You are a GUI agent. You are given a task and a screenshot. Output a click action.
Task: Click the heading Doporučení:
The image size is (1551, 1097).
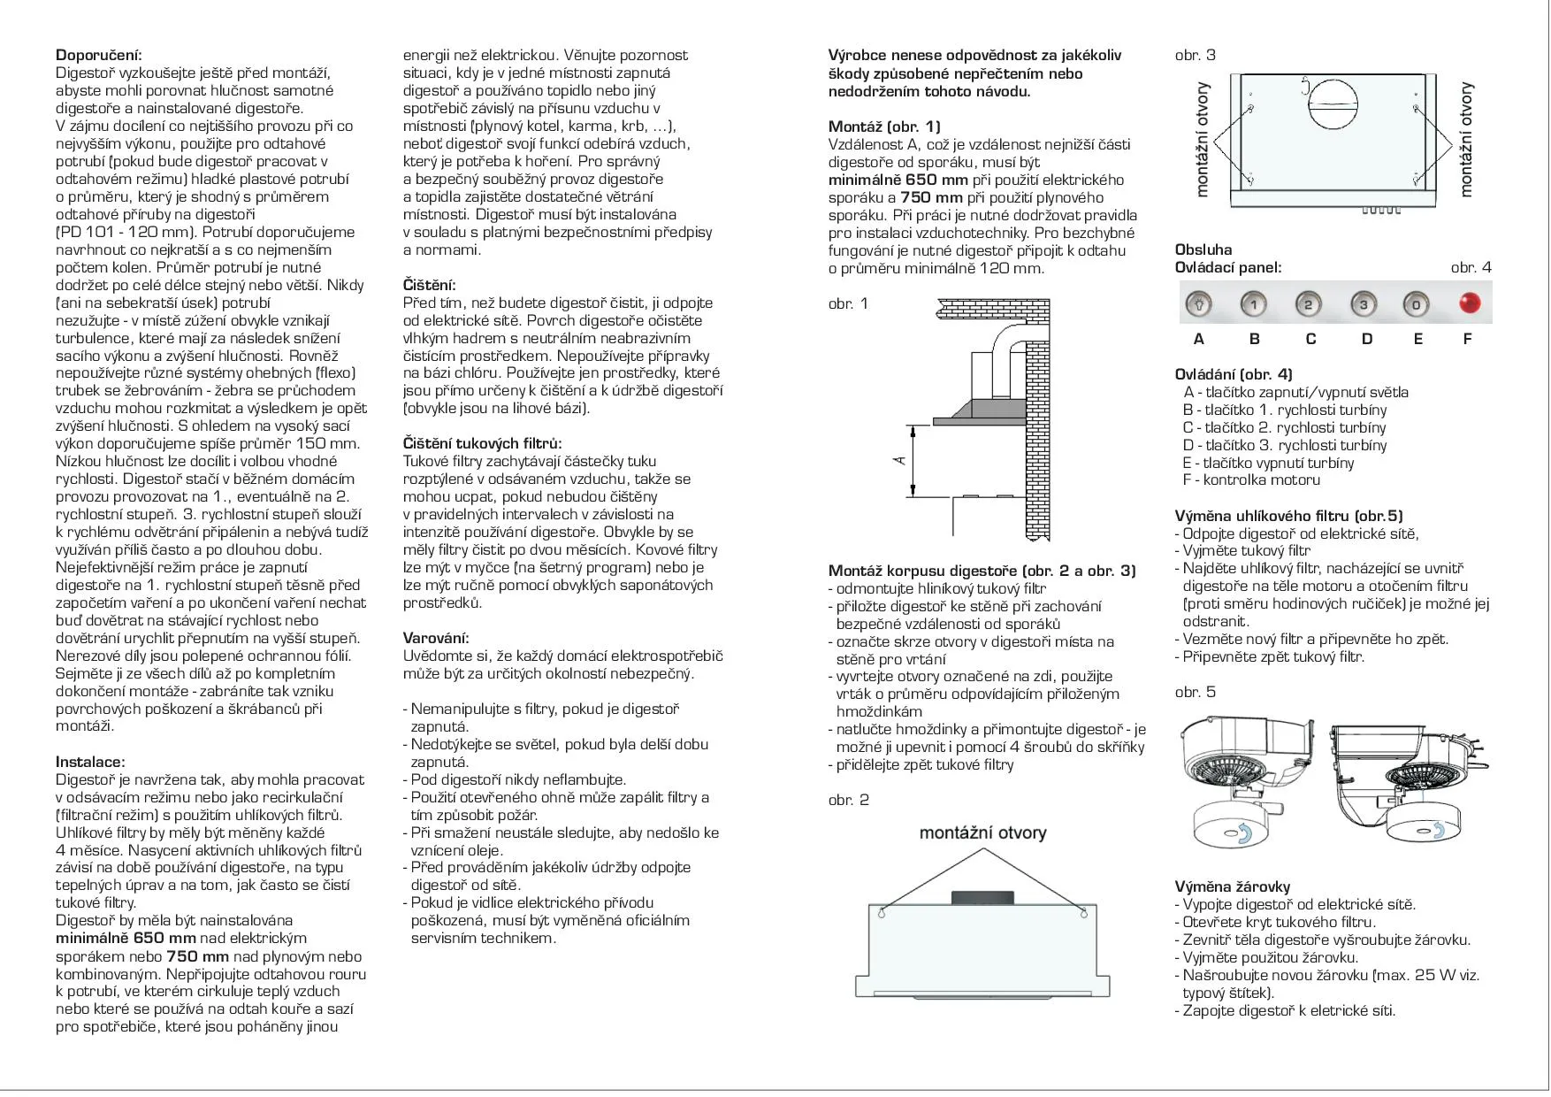(99, 55)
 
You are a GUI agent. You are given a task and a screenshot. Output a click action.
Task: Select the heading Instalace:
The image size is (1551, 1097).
(90, 762)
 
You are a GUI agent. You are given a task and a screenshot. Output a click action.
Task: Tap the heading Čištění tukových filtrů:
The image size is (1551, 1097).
(482, 443)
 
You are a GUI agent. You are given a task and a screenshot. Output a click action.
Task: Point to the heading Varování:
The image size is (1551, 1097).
(436, 638)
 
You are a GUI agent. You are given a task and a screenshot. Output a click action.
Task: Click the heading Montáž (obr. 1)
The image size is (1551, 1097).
(884, 127)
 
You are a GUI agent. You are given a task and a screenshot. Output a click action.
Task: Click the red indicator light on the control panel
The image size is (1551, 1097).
(1470, 303)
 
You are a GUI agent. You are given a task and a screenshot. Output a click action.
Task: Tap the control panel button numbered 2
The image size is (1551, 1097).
(1308, 305)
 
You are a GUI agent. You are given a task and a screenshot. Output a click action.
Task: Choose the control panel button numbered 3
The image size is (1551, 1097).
(1364, 305)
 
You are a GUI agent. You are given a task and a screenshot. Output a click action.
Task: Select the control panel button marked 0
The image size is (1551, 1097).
(1416, 305)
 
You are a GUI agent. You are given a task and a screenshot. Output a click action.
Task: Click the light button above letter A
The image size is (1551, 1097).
(1199, 305)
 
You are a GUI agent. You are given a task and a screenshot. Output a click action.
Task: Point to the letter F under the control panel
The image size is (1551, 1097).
(1468, 339)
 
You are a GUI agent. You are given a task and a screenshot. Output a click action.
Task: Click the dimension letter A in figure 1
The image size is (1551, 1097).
(901, 459)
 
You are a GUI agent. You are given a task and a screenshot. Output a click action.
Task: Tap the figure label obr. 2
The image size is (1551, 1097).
(849, 800)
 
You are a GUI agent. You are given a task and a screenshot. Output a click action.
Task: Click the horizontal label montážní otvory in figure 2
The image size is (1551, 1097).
(982, 832)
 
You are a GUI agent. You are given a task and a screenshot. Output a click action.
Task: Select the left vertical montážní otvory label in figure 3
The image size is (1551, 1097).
(1202, 139)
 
